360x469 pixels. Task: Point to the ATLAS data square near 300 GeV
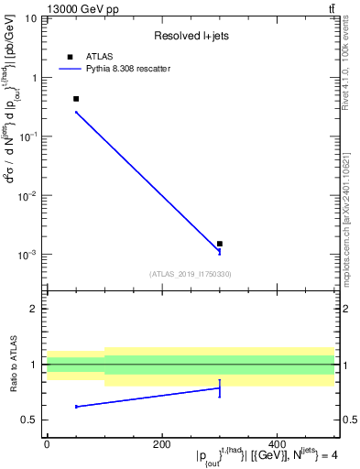point(220,244)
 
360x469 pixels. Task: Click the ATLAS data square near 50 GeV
point(76,99)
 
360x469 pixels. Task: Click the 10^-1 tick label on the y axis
point(27,136)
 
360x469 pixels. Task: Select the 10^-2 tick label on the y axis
point(27,195)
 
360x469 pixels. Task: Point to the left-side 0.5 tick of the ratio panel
point(31,420)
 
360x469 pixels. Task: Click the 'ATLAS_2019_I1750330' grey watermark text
point(191,274)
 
